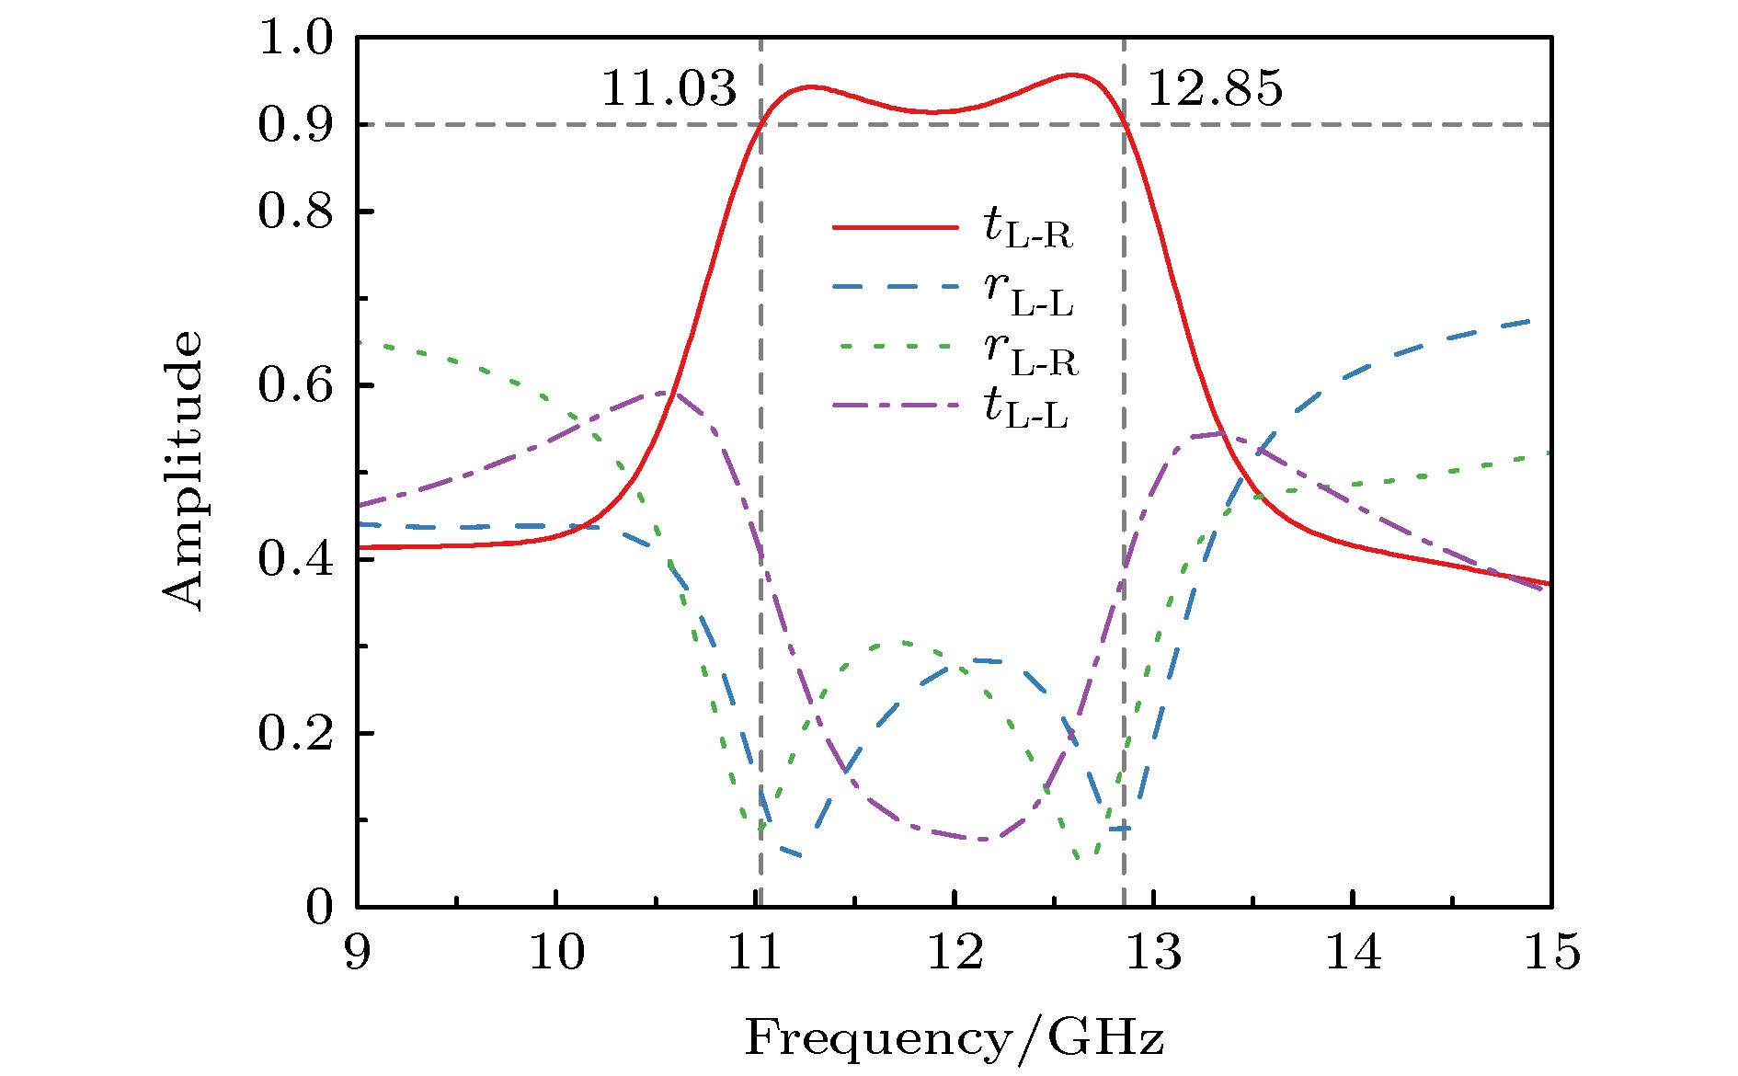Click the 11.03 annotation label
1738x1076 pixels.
pyautogui.click(x=669, y=89)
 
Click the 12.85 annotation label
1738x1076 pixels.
pyautogui.click(x=1215, y=89)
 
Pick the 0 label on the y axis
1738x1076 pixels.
pyautogui.click(x=318, y=907)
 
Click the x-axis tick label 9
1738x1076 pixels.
pyautogui.click(x=357, y=952)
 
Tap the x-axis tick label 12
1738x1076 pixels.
pyautogui.click(x=955, y=952)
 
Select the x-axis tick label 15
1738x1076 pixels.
pyautogui.click(x=1552, y=952)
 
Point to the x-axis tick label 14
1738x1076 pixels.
pyautogui.click(x=1353, y=952)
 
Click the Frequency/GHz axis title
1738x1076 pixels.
pyautogui.click(x=954, y=1038)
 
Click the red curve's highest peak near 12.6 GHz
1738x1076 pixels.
pyautogui.click(x=1071, y=74)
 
